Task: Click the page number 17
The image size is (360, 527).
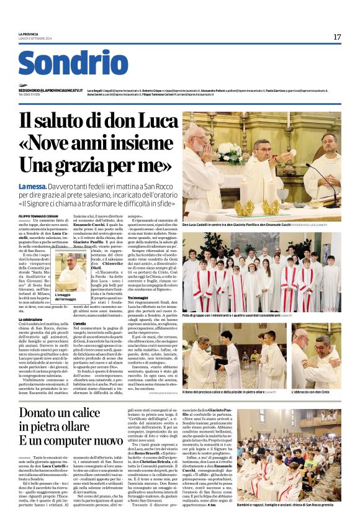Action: (x=337, y=37)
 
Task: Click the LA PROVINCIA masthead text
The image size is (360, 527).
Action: (x=29, y=34)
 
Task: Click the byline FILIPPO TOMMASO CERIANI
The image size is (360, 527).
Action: (x=35, y=216)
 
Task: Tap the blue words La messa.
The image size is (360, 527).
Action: (x=30, y=186)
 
